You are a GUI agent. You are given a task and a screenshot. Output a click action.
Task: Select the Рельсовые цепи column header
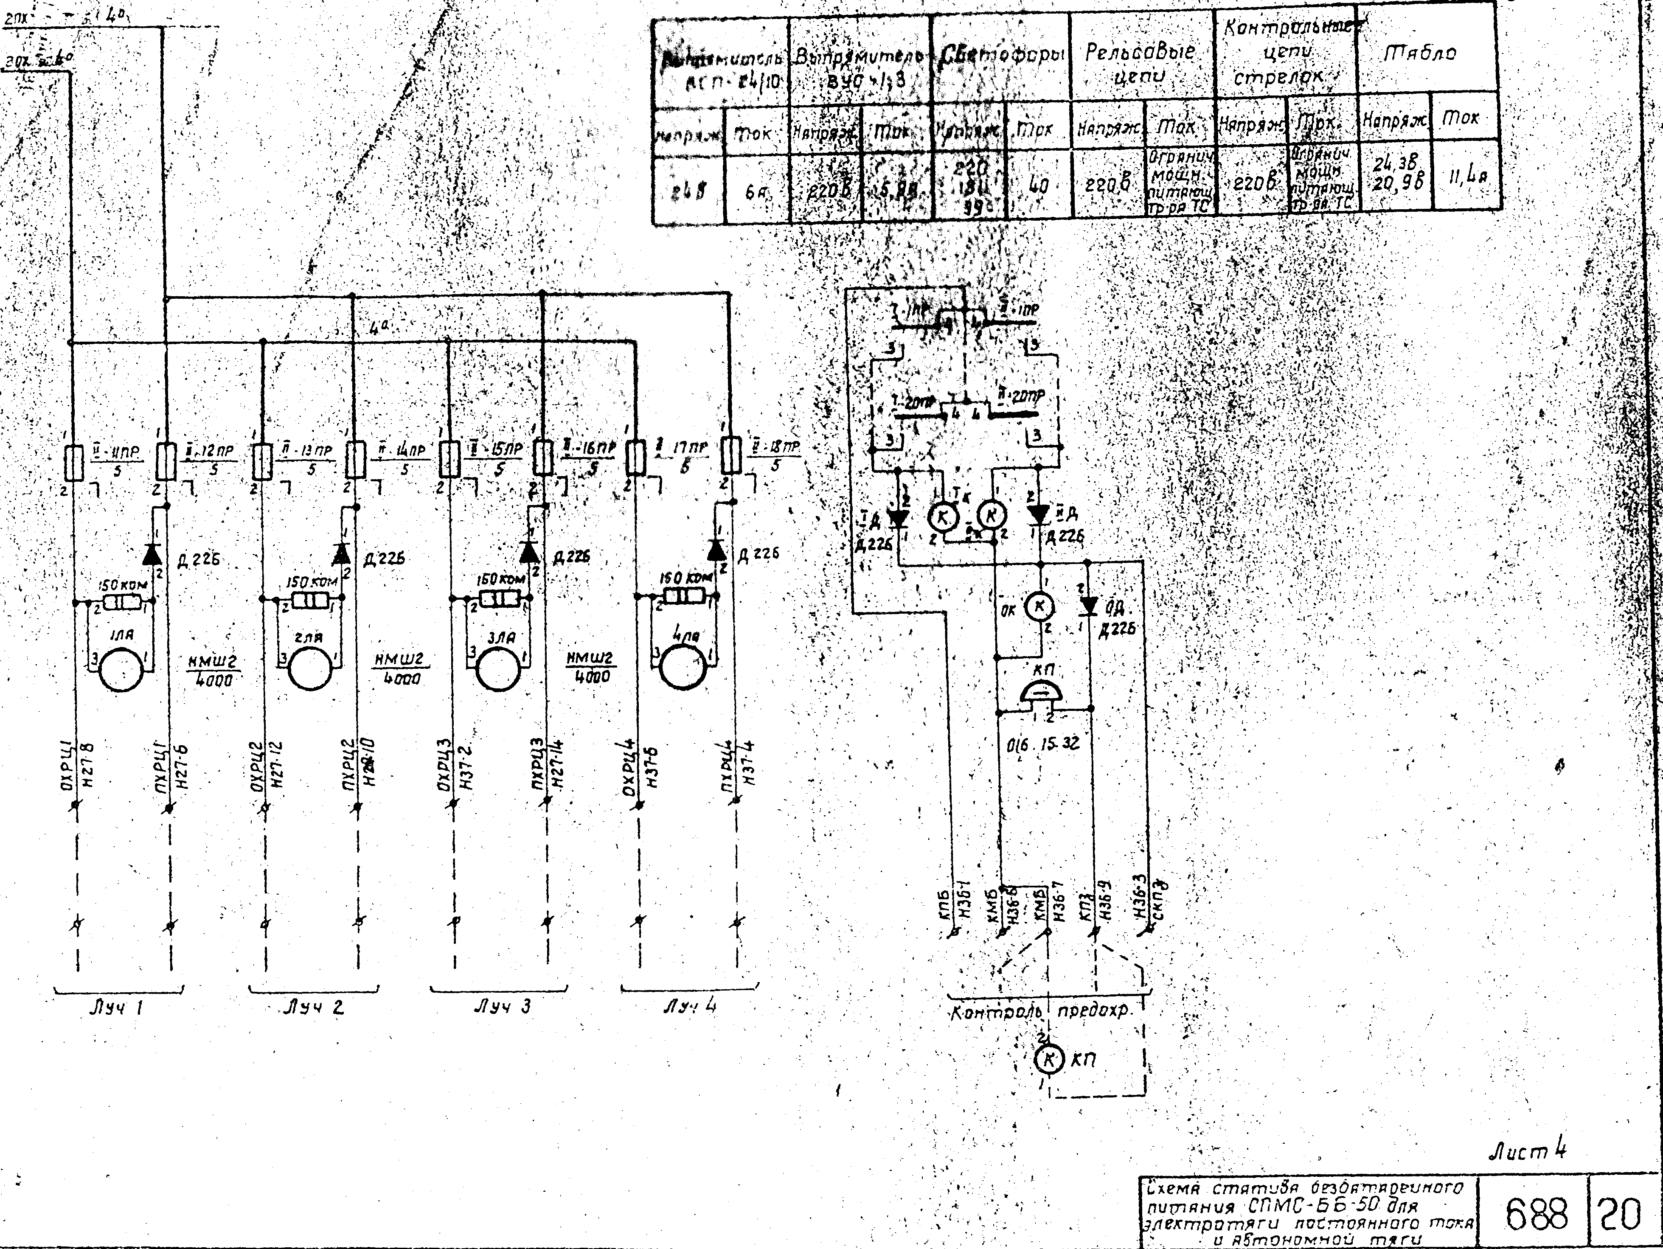tap(1140, 64)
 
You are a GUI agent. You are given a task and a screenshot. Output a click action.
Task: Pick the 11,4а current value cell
tap(1463, 180)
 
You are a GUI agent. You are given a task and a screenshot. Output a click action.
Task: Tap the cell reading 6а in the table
tap(755, 192)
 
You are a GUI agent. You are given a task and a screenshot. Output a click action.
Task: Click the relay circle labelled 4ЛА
tap(681, 667)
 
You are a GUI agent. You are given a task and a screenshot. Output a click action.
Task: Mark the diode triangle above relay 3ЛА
tap(529, 553)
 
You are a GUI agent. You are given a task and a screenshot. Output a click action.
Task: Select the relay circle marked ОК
tap(1040, 606)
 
